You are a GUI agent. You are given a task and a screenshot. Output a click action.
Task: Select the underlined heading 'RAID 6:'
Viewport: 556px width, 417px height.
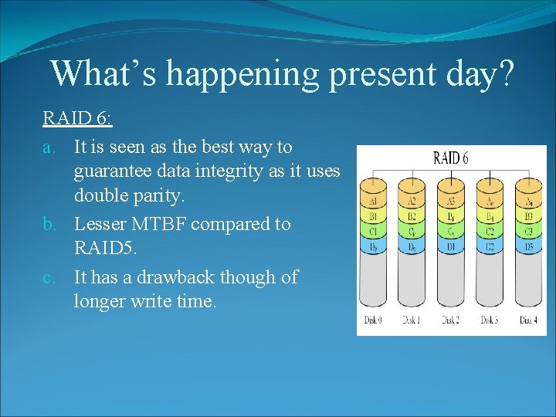77,119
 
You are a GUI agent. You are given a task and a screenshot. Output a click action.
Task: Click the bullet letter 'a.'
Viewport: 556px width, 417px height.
50,146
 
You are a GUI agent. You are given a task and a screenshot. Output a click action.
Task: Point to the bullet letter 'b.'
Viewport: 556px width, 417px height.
50,225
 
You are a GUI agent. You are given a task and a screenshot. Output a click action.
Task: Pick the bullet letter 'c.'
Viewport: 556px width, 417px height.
50,277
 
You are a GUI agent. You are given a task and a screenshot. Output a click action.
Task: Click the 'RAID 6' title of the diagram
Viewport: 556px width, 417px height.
451,159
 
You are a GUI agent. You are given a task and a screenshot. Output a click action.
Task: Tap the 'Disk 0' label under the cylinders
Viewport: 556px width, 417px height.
374,320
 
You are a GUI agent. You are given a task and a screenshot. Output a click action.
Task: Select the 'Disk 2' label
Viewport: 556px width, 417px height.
451,320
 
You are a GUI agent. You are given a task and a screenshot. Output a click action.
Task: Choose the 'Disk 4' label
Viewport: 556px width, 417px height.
527,320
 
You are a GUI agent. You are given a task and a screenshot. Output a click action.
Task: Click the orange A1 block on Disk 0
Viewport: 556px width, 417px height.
374,202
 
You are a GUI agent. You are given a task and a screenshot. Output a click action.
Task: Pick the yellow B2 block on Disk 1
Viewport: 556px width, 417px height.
412,217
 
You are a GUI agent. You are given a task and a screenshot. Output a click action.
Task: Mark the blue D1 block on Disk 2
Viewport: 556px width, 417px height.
451,247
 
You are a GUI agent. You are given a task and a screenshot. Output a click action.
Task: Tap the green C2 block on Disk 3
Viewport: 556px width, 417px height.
490,232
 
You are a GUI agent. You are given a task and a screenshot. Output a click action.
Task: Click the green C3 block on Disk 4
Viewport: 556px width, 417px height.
527,232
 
